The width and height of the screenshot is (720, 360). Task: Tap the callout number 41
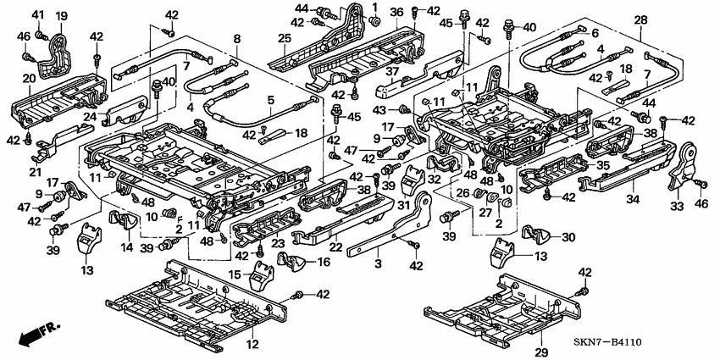click(x=38, y=16)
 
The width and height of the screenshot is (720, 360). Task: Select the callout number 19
click(x=62, y=16)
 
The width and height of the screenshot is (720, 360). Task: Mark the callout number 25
click(x=285, y=39)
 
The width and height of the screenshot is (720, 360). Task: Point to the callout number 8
click(x=236, y=39)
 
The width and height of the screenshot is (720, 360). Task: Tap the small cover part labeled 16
click(x=295, y=264)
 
